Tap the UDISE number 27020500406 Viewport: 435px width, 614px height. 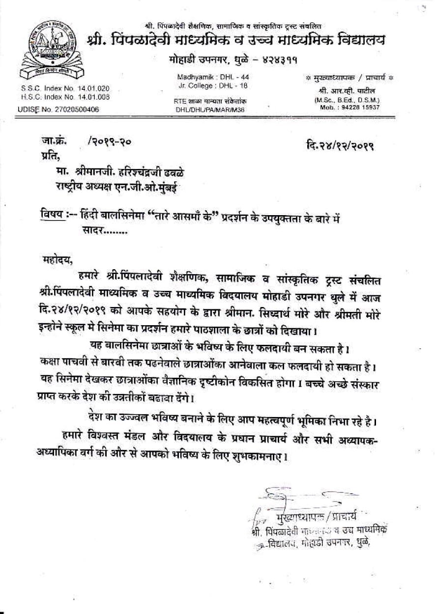[x=76, y=110]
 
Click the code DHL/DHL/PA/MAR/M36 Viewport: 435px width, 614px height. [x=210, y=110]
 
